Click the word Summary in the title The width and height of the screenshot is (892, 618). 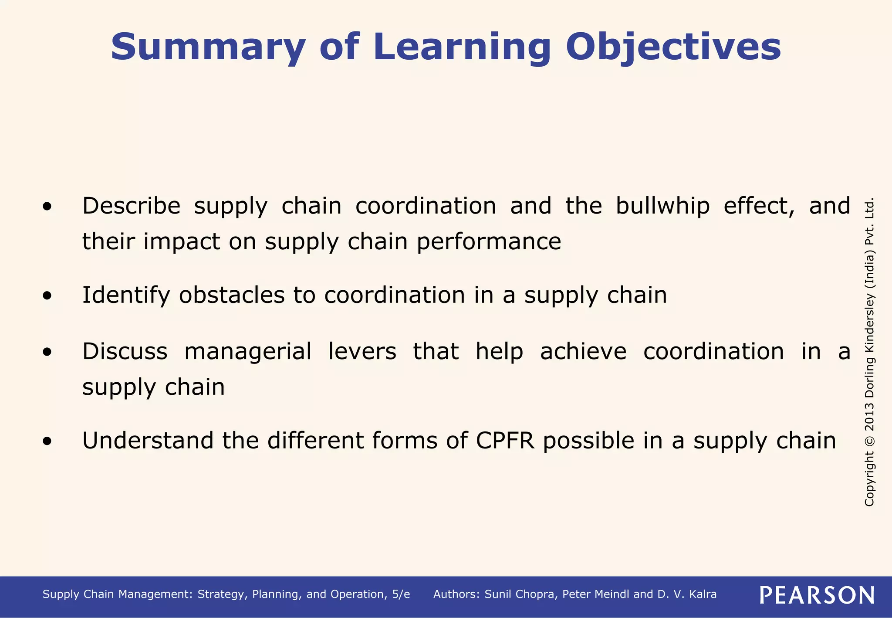(x=208, y=47)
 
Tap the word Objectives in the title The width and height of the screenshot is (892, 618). (x=673, y=47)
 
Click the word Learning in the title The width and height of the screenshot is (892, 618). (x=462, y=47)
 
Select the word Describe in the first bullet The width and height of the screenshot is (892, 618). (x=131, y=206)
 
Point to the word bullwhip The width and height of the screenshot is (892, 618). (x=662, y=206)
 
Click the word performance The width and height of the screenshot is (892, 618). (x=489, y=242)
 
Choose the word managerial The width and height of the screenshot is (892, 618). (x=248, y=352)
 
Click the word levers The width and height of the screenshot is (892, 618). (x=362, y=351)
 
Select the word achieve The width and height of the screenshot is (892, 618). (x=583, y=351)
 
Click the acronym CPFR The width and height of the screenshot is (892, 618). (x=505, y=441)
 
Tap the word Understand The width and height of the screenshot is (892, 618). (x=148, y=441)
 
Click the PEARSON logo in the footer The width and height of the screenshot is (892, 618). (x=817, y=595)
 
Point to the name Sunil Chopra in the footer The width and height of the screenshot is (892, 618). (x=520, y=594)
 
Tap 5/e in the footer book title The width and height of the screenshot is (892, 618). (x=401, y=594)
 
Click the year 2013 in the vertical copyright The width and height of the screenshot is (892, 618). (x=869, y=416)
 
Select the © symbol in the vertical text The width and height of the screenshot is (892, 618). (x=869, y=441)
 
